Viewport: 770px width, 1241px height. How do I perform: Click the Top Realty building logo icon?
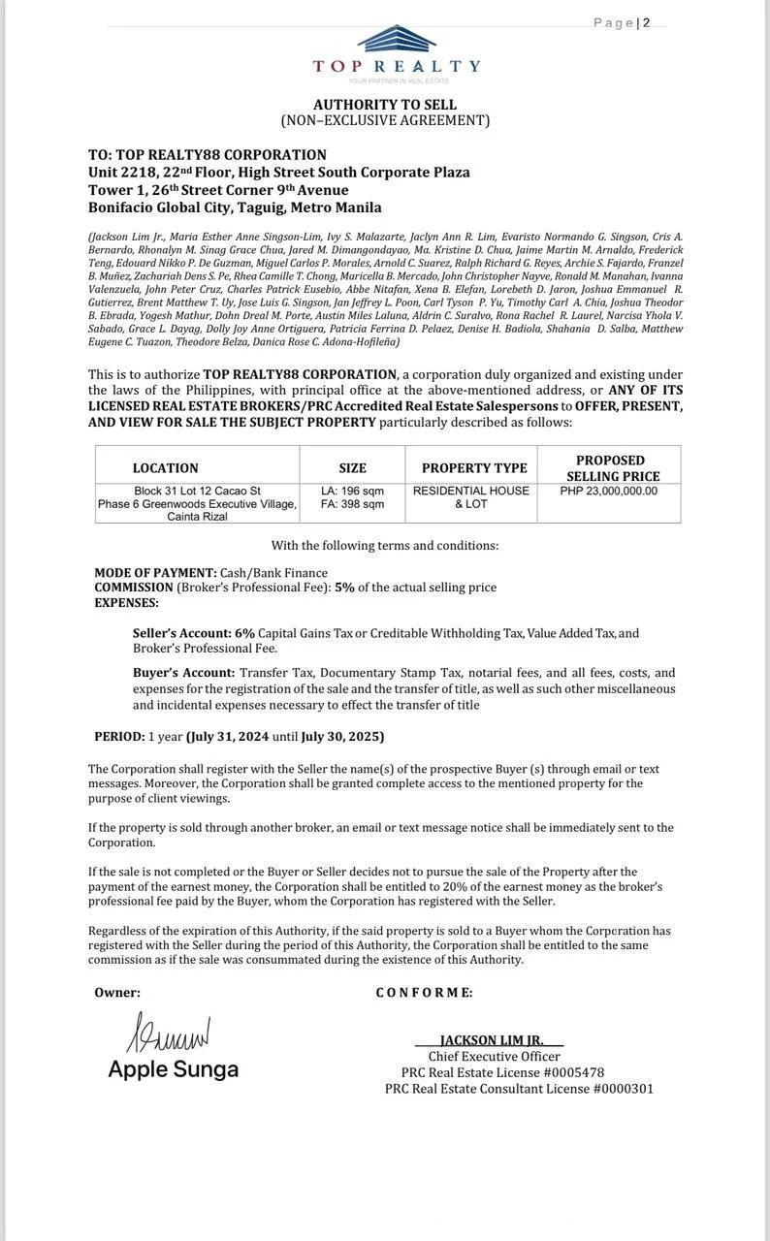[x=396, y=39]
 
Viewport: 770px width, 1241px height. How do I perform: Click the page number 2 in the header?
[x=647, y=22]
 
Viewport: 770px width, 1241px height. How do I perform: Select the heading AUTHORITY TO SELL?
[x=385, y=104]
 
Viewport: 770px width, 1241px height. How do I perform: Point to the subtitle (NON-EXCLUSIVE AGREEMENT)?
[x=385, y=120]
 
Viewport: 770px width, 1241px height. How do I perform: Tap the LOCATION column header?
[x=166, y=467]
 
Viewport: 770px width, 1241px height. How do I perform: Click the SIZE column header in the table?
[x=352, y=467]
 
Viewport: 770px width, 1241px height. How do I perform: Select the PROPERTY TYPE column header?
[x=474, y=467]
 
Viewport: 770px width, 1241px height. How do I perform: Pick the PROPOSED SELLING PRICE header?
[x=610, y=467]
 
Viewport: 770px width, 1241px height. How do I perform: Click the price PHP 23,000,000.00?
[x=608, y=491]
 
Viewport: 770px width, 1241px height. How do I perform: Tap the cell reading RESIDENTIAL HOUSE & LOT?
[x=471, y=497]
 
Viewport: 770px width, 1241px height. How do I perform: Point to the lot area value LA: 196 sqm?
[x=352, y=491]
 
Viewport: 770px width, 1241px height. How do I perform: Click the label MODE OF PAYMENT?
[x=155, y=573]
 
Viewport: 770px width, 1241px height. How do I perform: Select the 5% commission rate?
[x=344, y=587]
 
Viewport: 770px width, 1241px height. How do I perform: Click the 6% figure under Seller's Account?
[x=244, y=633]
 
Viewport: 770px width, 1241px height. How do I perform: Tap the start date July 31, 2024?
[x=227, y=736]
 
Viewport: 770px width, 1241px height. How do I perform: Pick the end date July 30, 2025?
[x=342, y=736]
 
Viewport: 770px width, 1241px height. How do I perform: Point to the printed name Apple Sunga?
[x=173, y=1069]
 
